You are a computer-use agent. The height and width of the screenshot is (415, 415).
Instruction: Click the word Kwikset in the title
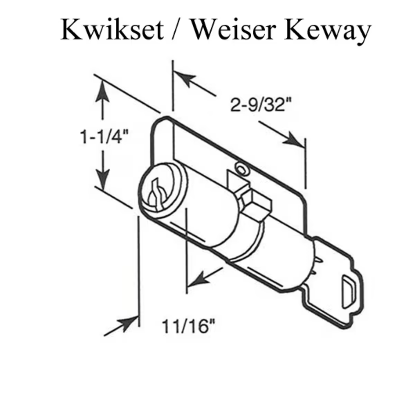112,29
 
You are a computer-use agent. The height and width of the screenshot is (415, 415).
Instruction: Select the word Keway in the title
328,31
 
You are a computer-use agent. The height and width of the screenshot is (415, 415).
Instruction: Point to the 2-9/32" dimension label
261,105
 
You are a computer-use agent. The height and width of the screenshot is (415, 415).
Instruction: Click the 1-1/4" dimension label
104,136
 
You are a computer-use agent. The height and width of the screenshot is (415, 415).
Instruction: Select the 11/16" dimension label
189,326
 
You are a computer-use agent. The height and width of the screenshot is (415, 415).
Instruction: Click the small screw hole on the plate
241,169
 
